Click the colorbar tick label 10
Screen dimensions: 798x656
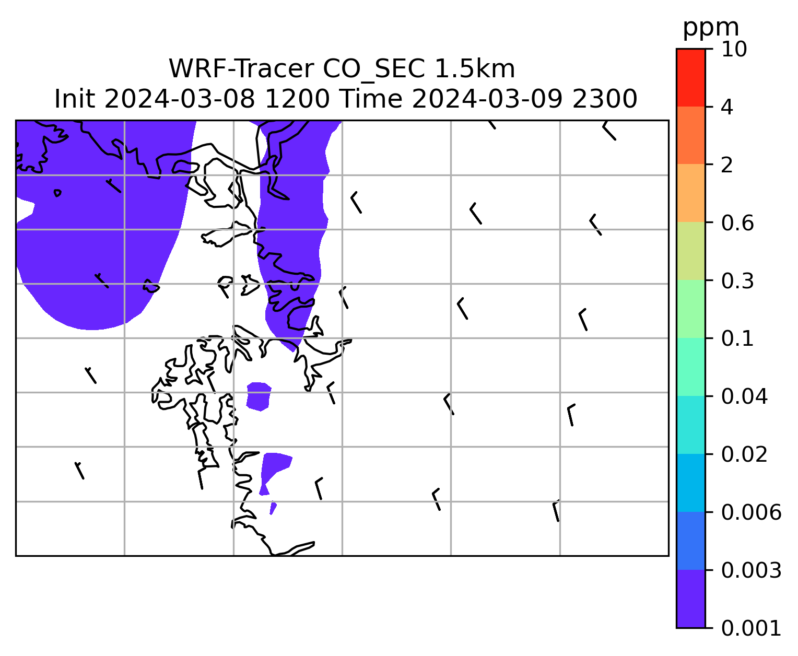[x=734, y=49]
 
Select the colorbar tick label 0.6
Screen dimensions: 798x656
[x=737, y=223]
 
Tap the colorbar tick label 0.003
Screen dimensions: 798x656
[x=751, y=570]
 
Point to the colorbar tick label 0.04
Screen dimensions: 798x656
[x=744, y=396]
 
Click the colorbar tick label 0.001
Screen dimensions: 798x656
[x=751, y=628]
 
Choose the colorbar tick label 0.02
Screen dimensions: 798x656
[x=744, y=454]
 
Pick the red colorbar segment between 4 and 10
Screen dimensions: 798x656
[x=690, y=77]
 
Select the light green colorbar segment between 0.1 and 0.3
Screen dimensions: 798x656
[x=690, y=309]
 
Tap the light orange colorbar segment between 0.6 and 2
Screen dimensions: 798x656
[x=690, y=193]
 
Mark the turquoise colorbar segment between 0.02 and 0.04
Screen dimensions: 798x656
[x=690, y=425]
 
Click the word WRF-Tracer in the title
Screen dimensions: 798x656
[x=241, y=69]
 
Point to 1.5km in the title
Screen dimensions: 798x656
[x=475, y=69]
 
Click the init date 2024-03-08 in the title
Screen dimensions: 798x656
[x=179, y=99]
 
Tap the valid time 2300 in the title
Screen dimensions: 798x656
[x=605, y=99]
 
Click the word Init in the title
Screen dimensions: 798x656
[x=75, y=99]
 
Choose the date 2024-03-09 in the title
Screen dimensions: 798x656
[x=487, y=99]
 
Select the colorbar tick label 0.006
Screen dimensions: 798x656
[x=751, y=512]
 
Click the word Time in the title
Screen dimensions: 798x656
[x=371, y=99]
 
